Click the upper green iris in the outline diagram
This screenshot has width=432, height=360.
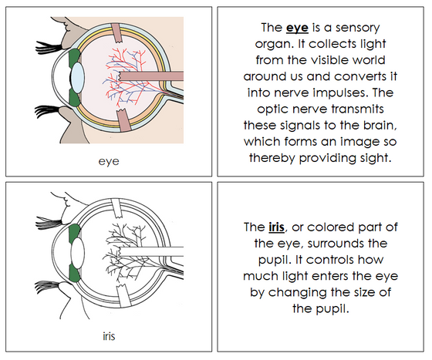click(74, 232)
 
